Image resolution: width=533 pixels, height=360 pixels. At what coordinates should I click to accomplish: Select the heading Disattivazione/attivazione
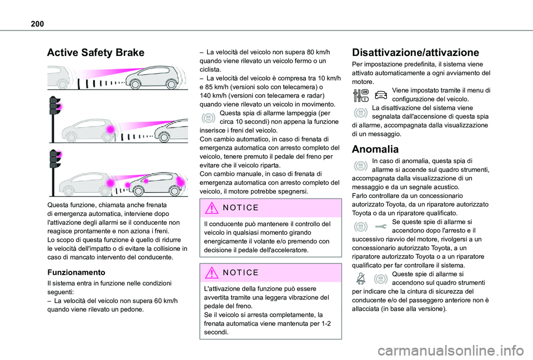pos(415,53)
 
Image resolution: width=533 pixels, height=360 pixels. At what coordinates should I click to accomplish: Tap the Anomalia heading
pos(375,149)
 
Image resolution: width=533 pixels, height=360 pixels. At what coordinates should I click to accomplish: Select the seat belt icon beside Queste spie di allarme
pos(360,279)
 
